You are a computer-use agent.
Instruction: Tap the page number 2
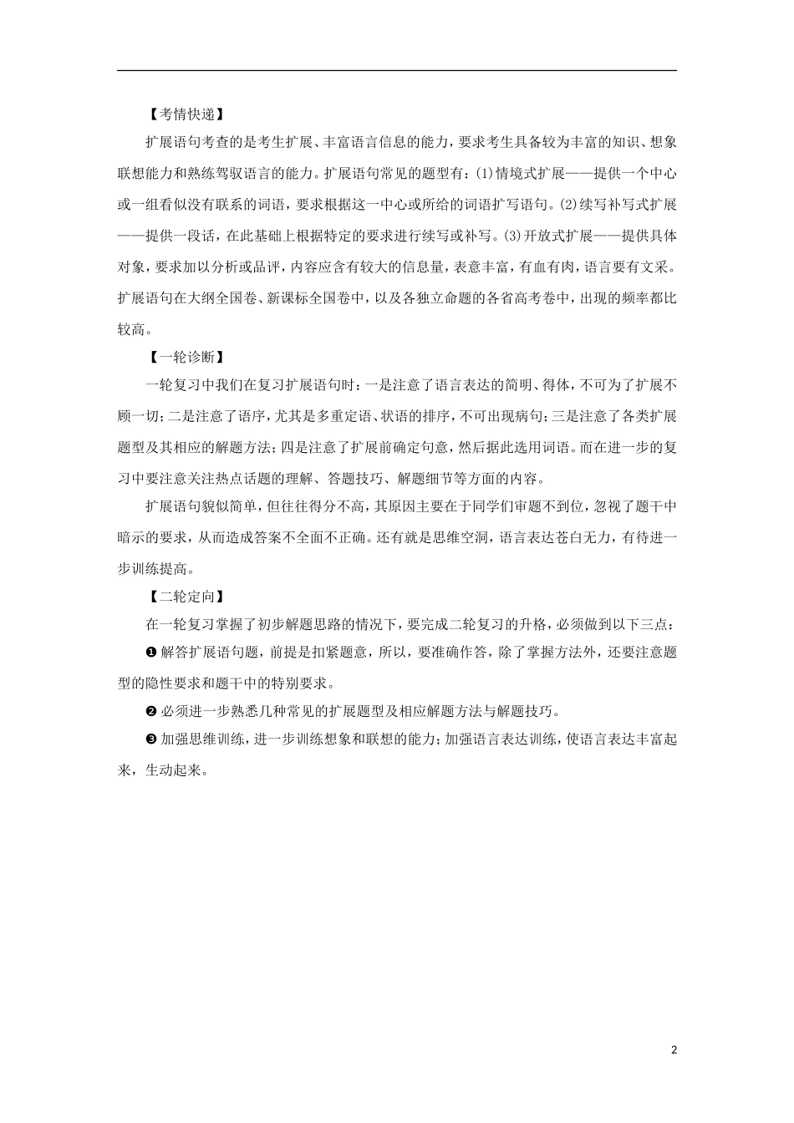673,1049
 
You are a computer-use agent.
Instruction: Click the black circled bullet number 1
150,652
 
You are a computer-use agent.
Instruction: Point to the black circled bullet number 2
150,711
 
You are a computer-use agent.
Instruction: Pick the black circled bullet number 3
150,741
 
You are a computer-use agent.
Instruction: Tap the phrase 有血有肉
547,267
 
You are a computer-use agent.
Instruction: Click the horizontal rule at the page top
397,71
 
